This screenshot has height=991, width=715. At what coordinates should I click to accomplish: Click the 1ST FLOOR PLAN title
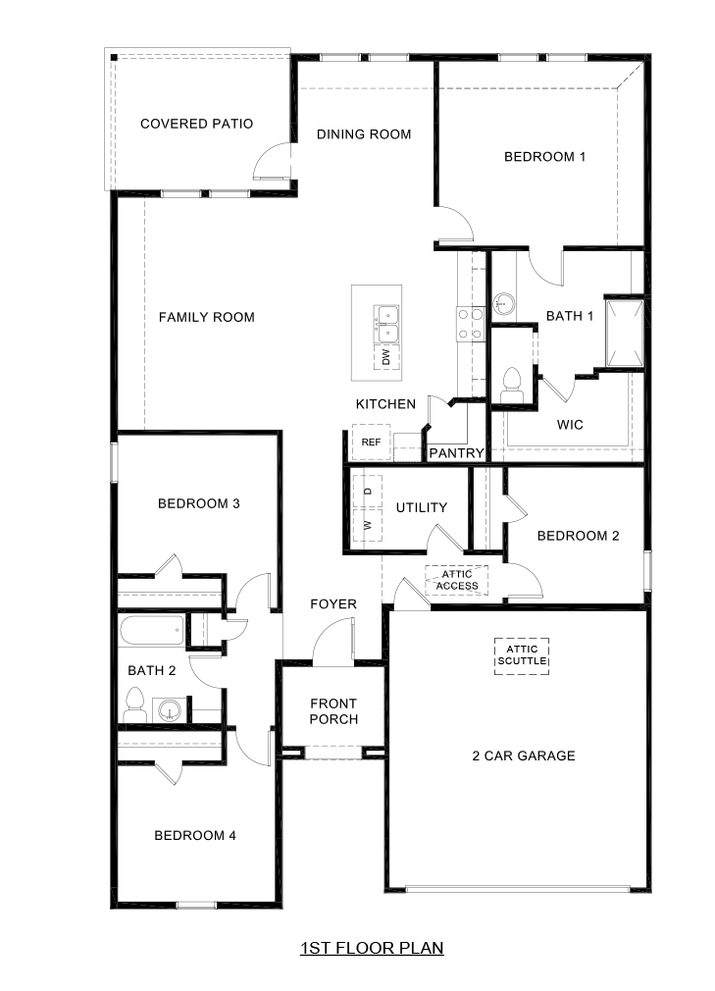[x=372, y=948]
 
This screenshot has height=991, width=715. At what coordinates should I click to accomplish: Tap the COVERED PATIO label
[x=196, y=124]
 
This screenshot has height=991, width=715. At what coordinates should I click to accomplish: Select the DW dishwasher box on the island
[x=384, y=357]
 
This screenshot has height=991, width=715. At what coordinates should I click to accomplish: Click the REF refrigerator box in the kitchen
[x=371, y=443]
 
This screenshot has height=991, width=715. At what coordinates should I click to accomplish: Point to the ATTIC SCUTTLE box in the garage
[x=521, y=655]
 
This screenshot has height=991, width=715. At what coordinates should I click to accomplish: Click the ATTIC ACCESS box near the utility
[x=457, y=580]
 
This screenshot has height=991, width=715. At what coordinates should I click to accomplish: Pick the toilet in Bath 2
[x=135, y=704]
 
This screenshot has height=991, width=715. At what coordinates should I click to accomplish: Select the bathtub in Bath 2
[x=150, y=630]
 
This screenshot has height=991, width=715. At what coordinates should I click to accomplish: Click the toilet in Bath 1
[x=511, y=383]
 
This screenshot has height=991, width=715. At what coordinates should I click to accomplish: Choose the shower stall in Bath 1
[x=623, y=332]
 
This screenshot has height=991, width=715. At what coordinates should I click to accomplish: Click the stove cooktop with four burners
[x=469, y=324]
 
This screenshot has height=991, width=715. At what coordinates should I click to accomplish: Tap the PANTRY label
[x=456, y=453]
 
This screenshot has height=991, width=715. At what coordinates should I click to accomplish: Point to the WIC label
[x=570, y=426]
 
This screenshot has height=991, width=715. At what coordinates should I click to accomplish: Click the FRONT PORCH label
[x=333, y=711]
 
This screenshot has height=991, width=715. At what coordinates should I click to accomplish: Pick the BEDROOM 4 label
[x=195, y=836]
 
